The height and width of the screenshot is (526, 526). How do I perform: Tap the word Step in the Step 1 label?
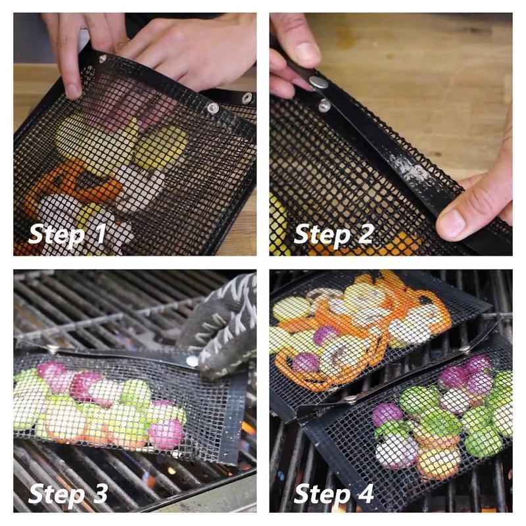[x=57, y=235]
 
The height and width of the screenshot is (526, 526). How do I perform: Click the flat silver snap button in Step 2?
[x=319, y=82]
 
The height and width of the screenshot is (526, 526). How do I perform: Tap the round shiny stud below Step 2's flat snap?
[x=324, y=105]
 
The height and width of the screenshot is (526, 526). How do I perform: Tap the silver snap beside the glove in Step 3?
[x=191, y=360]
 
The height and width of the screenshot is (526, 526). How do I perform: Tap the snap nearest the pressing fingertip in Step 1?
[x=102, y=59]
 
